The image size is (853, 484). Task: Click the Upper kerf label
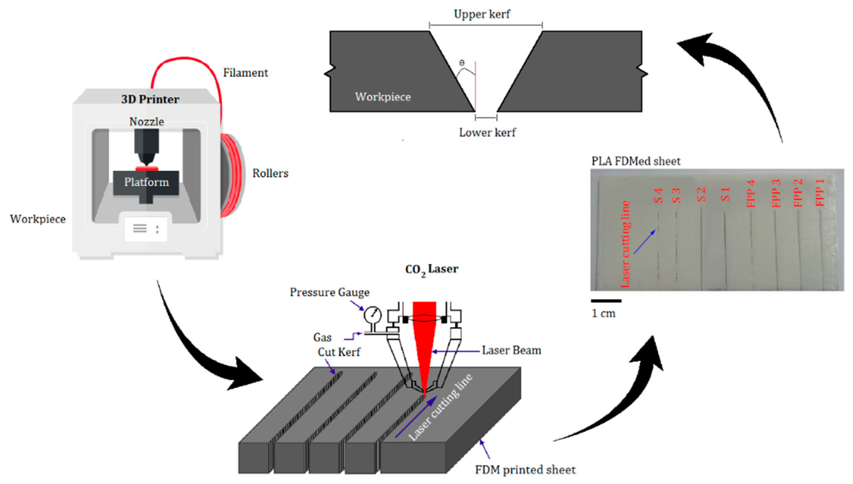[x=481, y=14]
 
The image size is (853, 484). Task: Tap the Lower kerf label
[x=487, y=133]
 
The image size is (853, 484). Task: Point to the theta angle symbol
[x=462, y=63]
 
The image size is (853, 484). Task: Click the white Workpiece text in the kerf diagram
[x=383, y=97]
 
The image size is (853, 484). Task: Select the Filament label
[x=245, y=73]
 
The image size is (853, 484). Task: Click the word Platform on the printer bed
[x=146, y=182]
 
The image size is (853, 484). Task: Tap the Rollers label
[x=270, y=173]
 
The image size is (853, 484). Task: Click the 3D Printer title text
[x=150, y=99]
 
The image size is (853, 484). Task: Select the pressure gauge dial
[x=372, y=314]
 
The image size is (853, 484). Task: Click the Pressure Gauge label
[x=329, y=292]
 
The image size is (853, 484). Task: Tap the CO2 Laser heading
[x=431, y=269]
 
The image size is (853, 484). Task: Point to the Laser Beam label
[x=511, y=350]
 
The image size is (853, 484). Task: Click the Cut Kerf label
[x=339, y=352]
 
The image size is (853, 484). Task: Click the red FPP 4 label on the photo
[x=751, y=193]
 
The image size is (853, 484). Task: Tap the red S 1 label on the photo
[x=726, y=194]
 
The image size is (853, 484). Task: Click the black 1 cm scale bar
[x=606, y=301]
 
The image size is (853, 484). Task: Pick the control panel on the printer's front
[x=146, y=229]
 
